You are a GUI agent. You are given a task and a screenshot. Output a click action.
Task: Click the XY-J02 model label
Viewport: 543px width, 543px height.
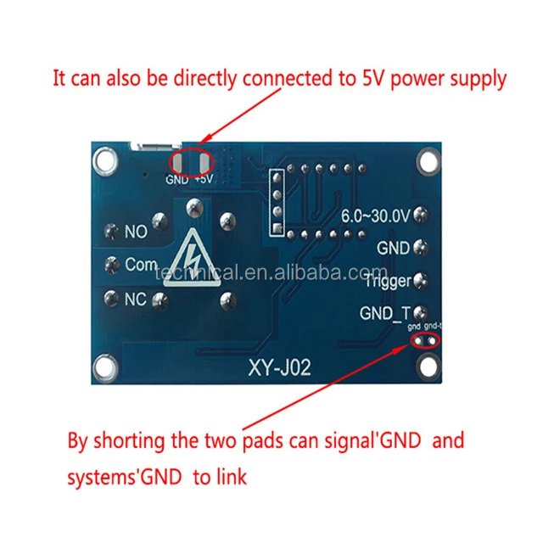280,369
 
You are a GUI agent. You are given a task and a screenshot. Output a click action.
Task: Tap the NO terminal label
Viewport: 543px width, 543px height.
136,231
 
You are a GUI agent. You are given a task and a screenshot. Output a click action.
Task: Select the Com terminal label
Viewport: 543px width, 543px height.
141,265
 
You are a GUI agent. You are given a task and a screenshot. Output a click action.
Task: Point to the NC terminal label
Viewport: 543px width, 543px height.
136,299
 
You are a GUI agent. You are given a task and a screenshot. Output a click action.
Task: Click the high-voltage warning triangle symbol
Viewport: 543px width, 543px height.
200,260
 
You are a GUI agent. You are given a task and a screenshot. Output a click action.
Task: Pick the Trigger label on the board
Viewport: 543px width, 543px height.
387,280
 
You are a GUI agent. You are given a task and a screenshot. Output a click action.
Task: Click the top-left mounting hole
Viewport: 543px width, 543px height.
106,160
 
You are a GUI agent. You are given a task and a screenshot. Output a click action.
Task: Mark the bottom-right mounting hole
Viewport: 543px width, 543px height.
429,366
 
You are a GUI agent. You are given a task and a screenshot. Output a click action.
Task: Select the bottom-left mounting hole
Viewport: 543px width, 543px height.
106,367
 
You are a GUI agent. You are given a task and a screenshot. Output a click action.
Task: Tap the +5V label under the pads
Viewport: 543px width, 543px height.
204,180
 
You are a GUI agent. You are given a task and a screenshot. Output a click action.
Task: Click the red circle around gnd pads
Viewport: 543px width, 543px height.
426,340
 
